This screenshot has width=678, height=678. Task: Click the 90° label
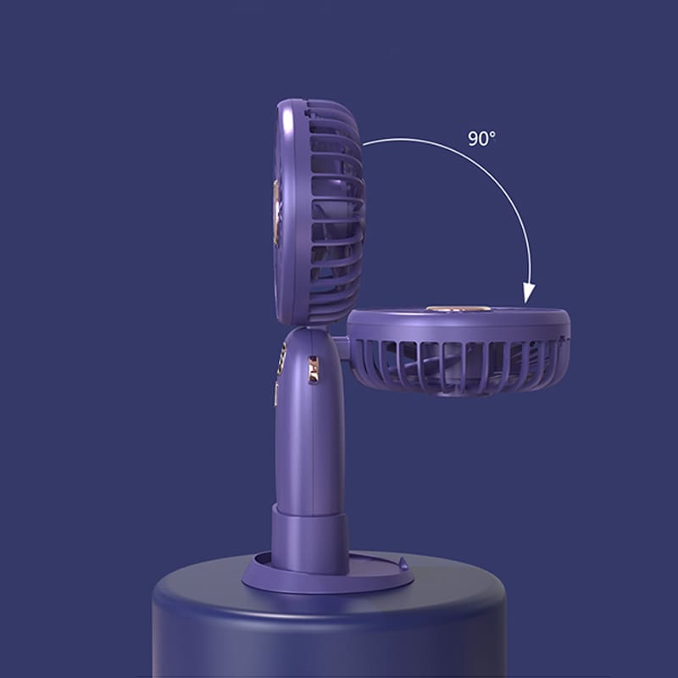pos(481,138)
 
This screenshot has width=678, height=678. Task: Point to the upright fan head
pos(320,212)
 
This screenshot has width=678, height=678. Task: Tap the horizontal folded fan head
pos(458,351)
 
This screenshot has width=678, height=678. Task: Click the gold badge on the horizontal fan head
pos(458,308)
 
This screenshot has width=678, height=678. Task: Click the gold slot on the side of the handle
pos(313,370)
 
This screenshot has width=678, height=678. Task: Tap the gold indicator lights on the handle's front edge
pos(283,358)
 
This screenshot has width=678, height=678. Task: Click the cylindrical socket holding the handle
pos(309,541)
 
